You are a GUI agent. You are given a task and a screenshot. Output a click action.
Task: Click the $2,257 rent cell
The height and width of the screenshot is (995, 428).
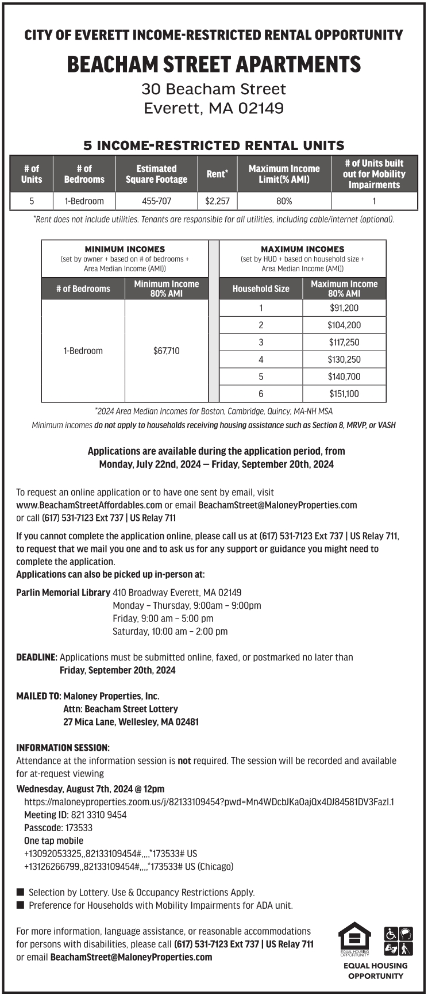[217, 201]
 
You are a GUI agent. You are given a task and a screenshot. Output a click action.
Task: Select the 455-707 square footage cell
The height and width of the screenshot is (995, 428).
[156, 201]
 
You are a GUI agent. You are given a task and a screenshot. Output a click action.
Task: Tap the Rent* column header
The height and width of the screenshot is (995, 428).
[217, 174]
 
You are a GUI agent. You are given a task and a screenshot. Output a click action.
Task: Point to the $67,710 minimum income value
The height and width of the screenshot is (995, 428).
[167, 351]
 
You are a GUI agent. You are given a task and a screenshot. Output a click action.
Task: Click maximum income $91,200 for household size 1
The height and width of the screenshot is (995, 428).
[344, 308]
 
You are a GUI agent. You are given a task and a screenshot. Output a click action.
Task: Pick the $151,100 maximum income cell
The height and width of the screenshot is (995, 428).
[344, 394]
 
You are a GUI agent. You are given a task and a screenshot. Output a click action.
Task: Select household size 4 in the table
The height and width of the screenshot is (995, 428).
[261, 359]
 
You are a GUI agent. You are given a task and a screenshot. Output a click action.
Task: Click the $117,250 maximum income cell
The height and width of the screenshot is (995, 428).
[344, 342]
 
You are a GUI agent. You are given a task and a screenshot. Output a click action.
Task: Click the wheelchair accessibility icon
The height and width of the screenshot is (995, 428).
[391, 933]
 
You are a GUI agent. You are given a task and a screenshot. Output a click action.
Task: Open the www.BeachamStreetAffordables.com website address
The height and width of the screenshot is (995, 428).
[89, 505]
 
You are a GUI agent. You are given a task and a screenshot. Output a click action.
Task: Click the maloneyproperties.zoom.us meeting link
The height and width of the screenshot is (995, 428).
[209, 802]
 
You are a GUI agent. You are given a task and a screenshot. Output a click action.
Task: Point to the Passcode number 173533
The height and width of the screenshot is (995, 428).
[79, 828]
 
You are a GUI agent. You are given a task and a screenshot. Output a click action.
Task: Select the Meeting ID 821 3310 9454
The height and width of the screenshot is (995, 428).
[99, 815]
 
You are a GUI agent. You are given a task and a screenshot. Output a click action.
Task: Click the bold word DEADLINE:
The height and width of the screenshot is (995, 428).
[37, 657]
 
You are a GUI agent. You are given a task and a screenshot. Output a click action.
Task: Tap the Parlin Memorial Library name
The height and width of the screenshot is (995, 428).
[63, 593]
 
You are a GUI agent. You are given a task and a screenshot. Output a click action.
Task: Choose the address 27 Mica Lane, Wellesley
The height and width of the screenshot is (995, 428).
[131, 722]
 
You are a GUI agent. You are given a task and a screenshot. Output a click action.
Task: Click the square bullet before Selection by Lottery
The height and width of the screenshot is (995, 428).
[21, 892]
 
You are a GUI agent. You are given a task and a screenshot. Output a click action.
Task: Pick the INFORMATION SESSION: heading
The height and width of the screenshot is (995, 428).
[63, 748]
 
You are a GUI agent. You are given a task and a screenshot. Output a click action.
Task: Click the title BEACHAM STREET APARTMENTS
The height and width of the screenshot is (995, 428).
[214, 64]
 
